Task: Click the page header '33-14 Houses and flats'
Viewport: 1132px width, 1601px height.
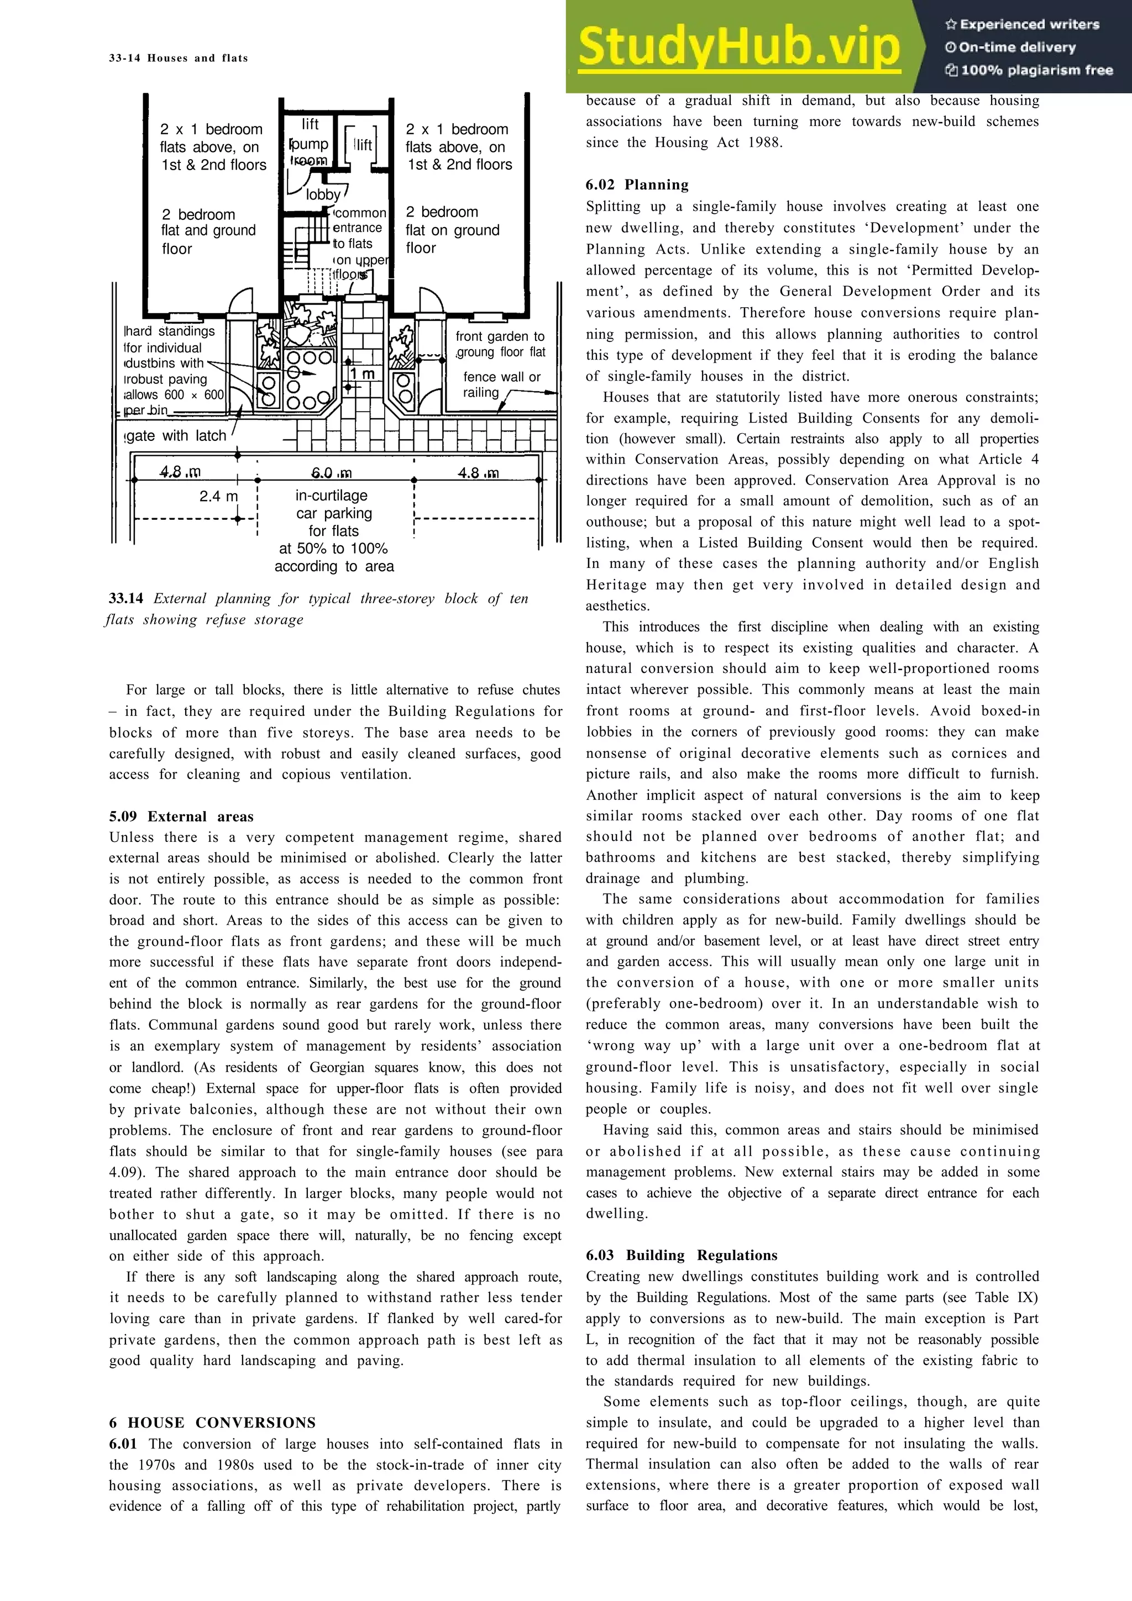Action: (x=179, y=58)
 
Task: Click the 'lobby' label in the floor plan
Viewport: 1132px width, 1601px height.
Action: (x=323, y=194)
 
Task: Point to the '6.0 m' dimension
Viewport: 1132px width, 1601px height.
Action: (x=331, y=473)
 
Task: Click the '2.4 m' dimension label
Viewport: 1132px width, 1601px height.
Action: (x=218, y=497)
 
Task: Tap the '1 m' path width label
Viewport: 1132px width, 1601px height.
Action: (x=362, y=374)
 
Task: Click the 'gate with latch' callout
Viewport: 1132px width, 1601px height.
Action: (x=176, y=436)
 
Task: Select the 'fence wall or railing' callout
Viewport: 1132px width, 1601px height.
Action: (x=501, y=384)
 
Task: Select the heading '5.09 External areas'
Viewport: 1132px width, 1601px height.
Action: (x=181, y=817)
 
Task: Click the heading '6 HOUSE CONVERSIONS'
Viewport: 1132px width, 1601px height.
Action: (x=212, y=1423)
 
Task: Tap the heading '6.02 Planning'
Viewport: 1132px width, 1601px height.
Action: (x=637, y=185)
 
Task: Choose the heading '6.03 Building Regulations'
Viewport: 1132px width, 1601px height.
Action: (x=682, y=1255)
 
